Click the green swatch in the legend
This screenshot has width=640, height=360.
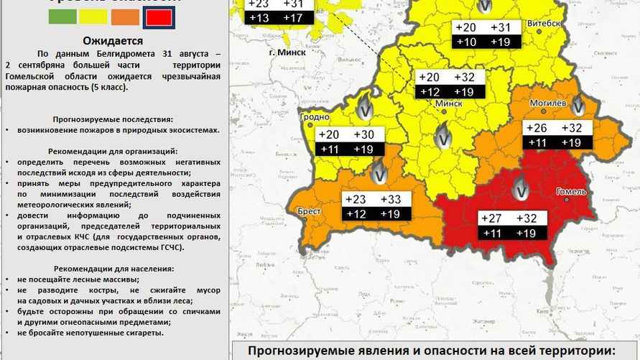(x=62, y=17)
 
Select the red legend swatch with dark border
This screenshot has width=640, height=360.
(x=158, y=17)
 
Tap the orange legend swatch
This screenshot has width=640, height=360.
(x=126, y=17)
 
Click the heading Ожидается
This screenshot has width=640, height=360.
(x=113, y=41)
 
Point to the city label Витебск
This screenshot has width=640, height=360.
(x=544, y=23)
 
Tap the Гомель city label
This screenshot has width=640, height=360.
(x=572, y=192)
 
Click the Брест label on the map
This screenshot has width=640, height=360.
(x=309, y=212)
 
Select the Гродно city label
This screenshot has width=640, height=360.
(x=315, y=116)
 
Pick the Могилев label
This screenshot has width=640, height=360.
(x=548, y=103)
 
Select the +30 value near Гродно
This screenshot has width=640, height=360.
(x=364, y=135)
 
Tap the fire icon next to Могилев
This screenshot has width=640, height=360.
(x=578, y=107)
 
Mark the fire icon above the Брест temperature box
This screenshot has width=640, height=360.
(x=380, y=172)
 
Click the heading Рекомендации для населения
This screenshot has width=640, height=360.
(x=113, y=268)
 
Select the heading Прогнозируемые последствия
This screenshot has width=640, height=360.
(x=113, y=119)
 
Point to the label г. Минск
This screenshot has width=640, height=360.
(x=287, y=52)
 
